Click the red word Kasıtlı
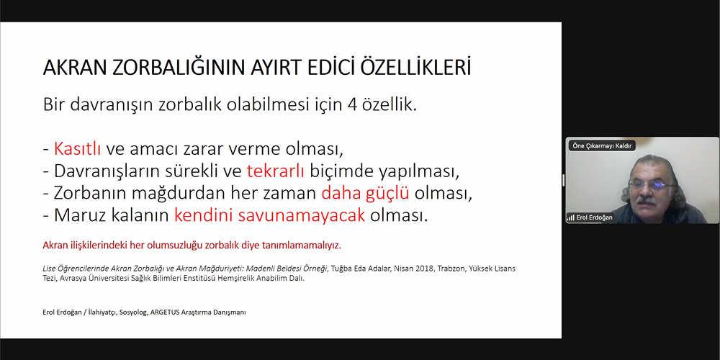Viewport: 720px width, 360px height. click(x=77, y=149)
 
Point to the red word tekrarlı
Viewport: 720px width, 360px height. click(x=276, y=171)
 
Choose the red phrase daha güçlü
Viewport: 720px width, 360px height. click(x=365, y=194)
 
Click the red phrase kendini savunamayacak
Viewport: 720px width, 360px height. click(x=269, y=215)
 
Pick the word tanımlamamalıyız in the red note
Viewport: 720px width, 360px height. click(x=302, y=246)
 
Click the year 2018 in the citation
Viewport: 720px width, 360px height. click(x=424, y=269)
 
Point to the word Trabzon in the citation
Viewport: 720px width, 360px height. click(x=451, y=269)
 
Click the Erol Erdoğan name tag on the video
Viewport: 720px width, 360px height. click(x=595, y=217)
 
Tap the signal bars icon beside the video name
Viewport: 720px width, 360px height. click(x=571, y=217)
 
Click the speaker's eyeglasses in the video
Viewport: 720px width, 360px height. click(x=652, y=185)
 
